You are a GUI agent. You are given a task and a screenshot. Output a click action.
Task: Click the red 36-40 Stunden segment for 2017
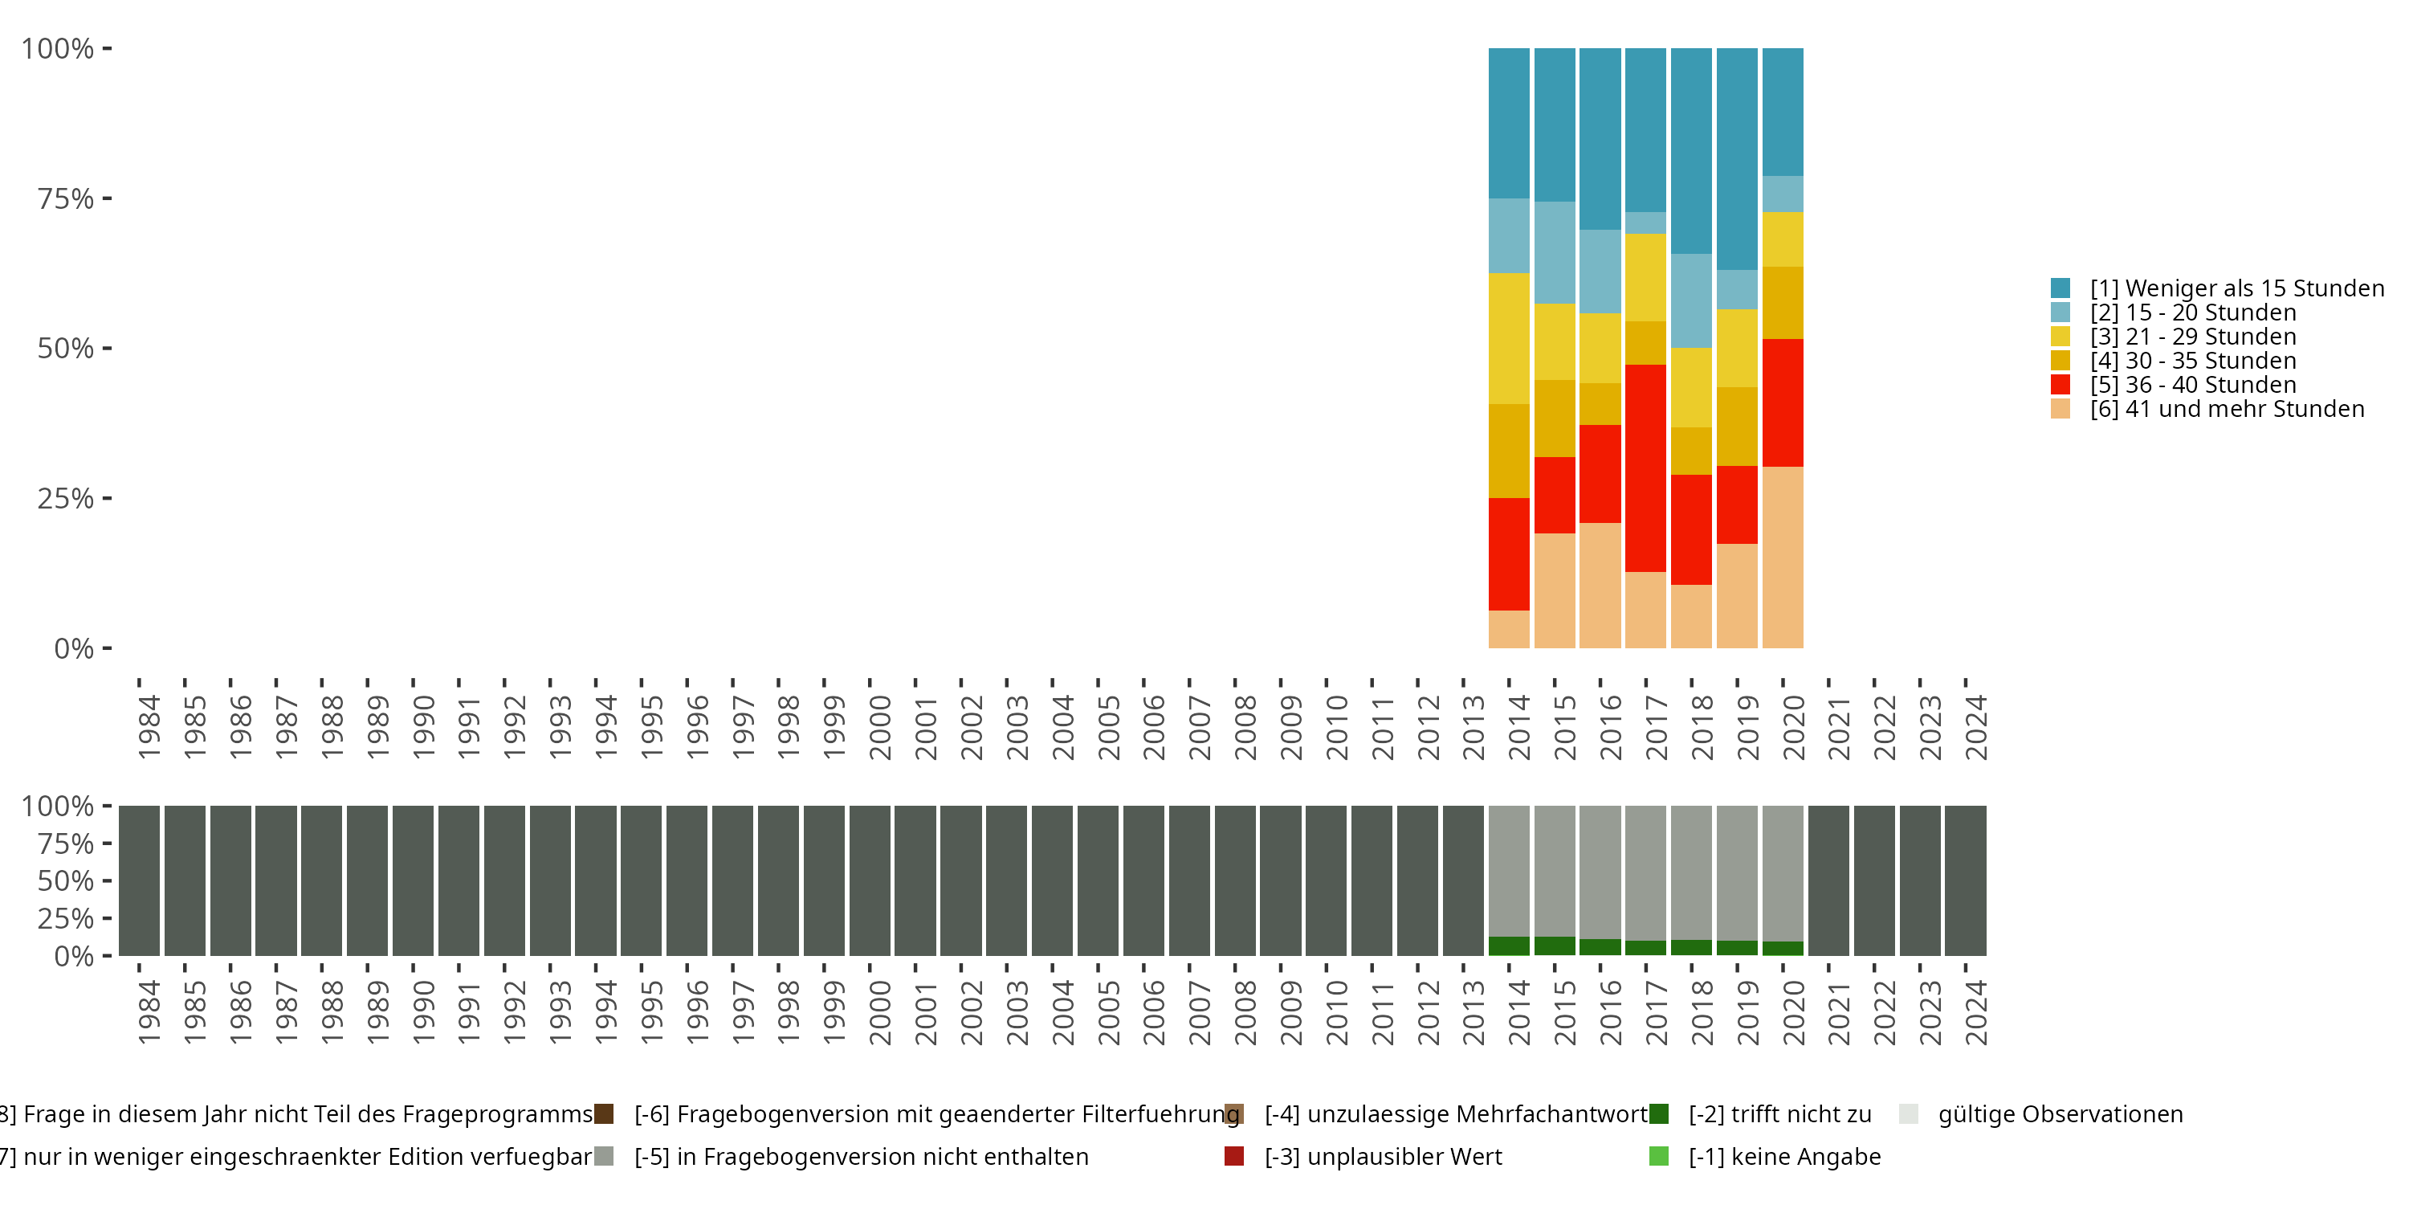[1645, 468]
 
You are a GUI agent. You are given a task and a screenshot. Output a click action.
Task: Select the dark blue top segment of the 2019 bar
[1737, 159]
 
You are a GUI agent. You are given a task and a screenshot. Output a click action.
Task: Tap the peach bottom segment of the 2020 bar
[1783, 557]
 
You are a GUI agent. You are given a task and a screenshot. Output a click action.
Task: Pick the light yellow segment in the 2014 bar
[1508, 339]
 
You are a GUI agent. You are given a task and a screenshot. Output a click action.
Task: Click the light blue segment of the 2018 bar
[1691, 300]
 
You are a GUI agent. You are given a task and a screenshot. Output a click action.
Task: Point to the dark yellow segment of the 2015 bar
[1555, 419]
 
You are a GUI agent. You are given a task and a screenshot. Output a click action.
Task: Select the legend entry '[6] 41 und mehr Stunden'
[2227, 409]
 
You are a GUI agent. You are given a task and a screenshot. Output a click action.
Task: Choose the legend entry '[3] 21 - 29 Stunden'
[2193, 337]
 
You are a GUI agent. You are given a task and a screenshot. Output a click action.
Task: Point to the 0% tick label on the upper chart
[74, 648]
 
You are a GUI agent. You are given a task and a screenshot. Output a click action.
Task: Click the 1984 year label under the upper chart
[149, 727]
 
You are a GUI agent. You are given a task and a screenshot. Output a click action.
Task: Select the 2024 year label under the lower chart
[1975, 1012]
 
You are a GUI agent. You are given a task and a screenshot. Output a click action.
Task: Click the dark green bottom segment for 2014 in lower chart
[1508, 946]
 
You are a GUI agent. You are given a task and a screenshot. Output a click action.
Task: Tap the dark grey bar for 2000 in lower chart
[870, 880]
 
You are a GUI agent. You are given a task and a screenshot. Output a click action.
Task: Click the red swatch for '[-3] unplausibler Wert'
[1233, 1156]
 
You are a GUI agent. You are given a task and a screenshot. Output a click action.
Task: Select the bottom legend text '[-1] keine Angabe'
[1784, 1156]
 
